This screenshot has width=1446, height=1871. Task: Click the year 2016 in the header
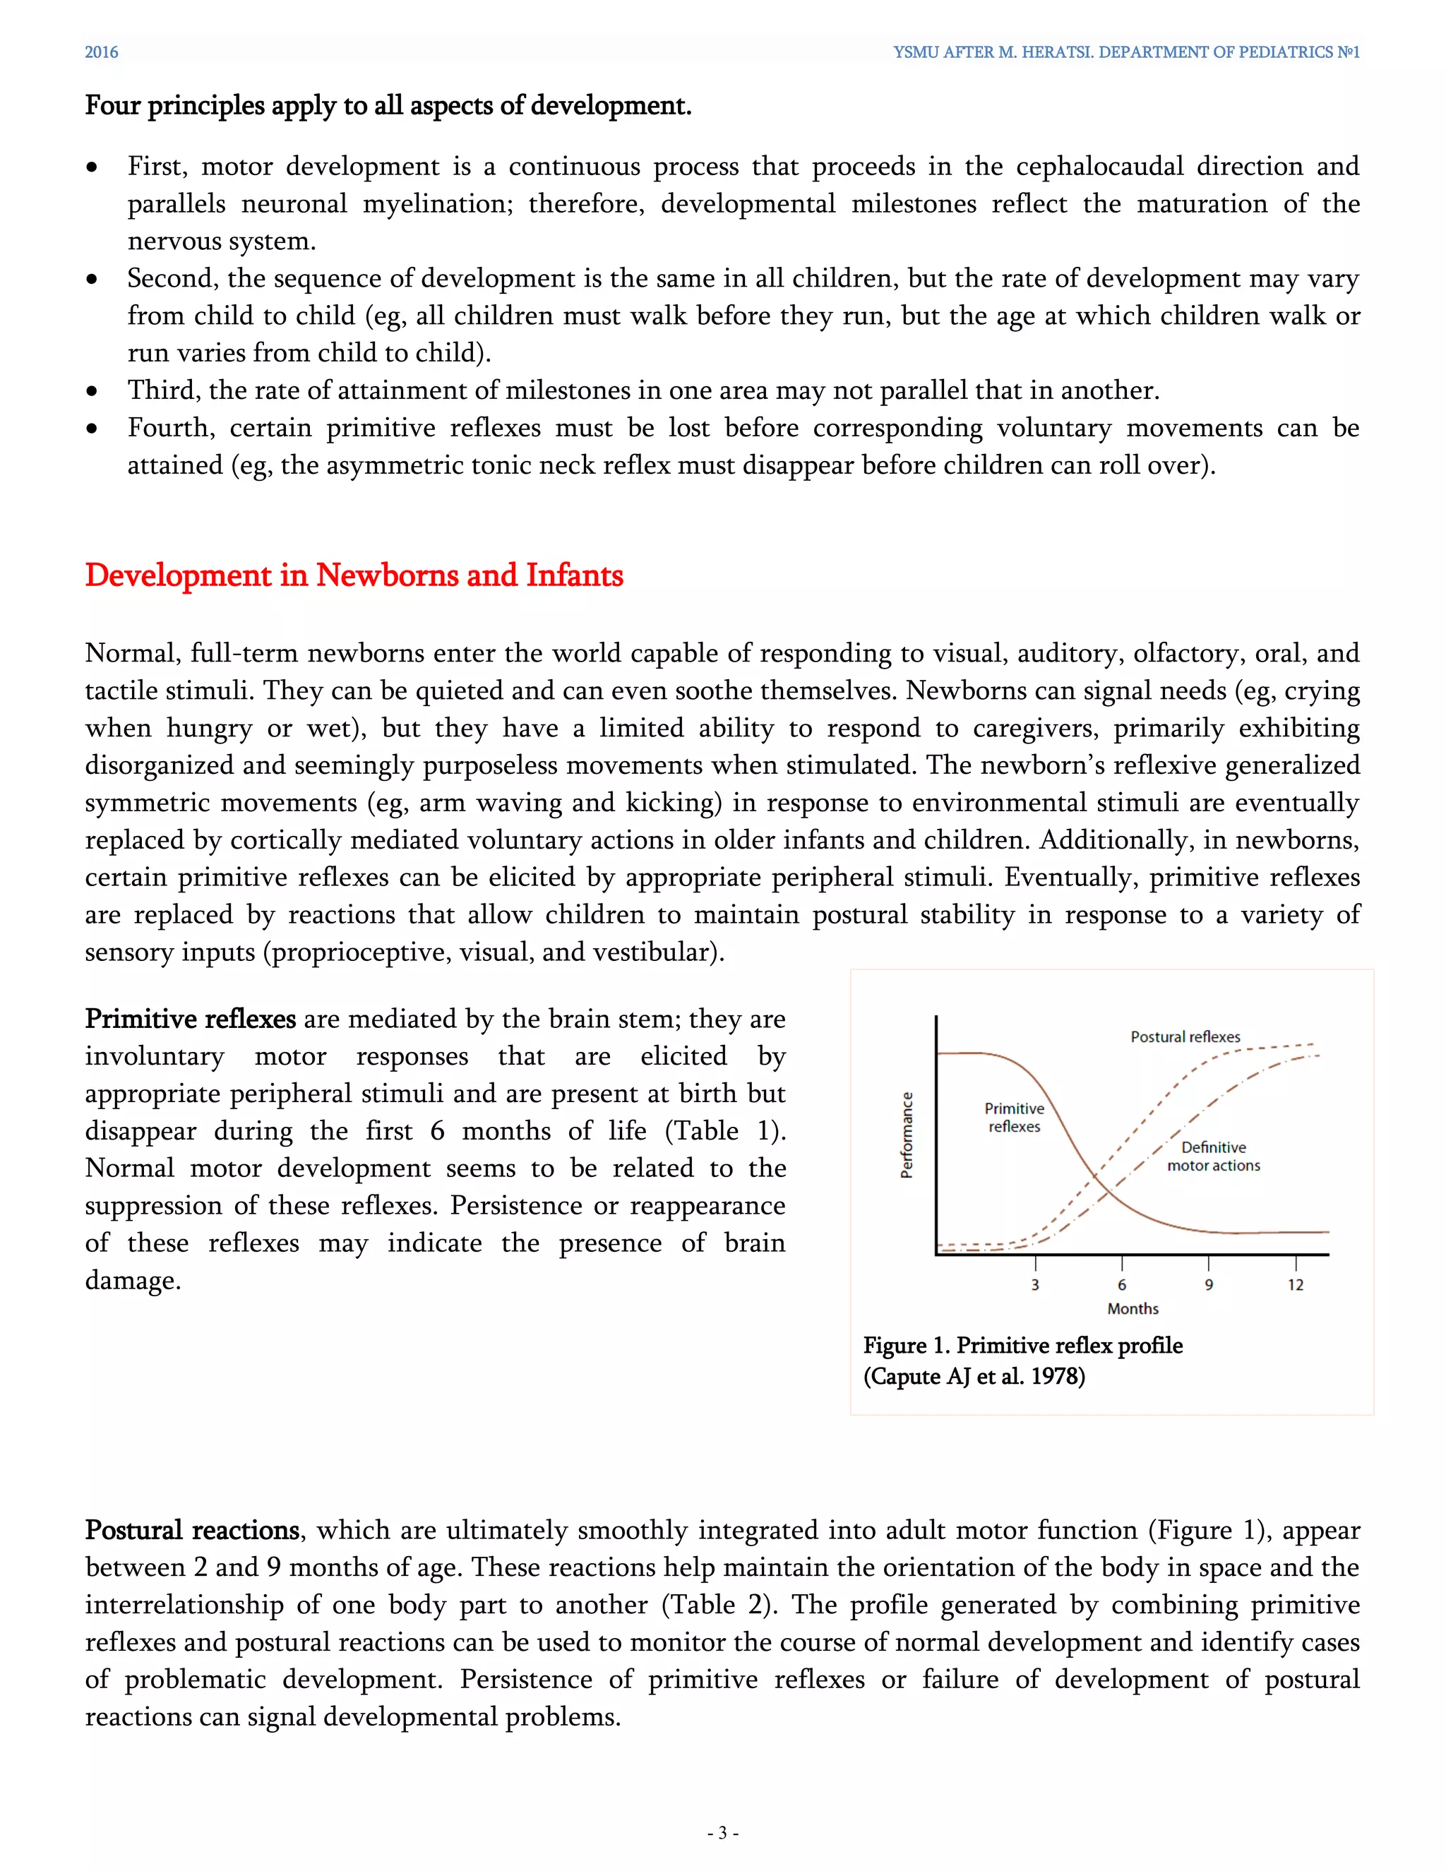101,52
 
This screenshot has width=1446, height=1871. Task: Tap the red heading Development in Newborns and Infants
354,575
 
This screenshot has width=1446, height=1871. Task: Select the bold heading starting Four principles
388,105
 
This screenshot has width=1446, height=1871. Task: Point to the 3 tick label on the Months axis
1035,1284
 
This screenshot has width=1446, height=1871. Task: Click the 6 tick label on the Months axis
1121,1284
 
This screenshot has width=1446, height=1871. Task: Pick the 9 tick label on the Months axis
1209,1284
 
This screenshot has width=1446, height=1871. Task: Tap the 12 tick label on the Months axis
1295,1284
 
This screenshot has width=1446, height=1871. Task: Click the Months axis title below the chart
1133,1308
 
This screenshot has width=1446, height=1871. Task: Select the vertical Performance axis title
907,1135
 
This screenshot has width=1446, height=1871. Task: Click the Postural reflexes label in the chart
1185,1036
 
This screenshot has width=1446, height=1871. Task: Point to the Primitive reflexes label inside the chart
1015,1117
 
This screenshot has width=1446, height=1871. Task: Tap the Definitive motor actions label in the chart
1213,1156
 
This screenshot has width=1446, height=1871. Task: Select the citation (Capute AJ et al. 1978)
974,1376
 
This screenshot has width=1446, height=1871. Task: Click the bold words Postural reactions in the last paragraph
192,1529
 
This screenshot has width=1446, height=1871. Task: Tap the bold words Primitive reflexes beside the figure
190,1019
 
